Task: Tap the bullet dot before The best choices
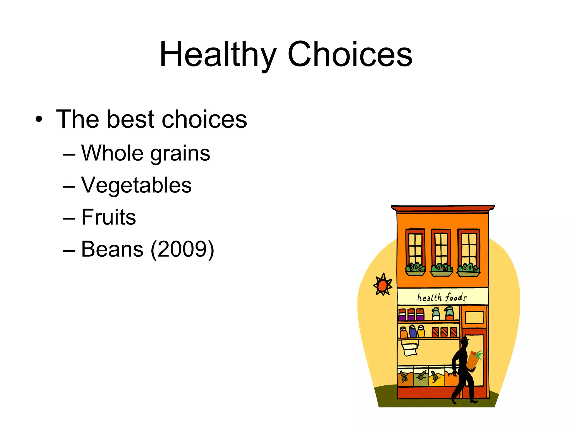(39, 120)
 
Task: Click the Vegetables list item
(136, 185)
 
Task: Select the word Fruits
(108, 217)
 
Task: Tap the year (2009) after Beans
(182, 249)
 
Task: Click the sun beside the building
(383, 285)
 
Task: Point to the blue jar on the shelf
(413, 332)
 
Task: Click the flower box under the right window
(468, 273)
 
